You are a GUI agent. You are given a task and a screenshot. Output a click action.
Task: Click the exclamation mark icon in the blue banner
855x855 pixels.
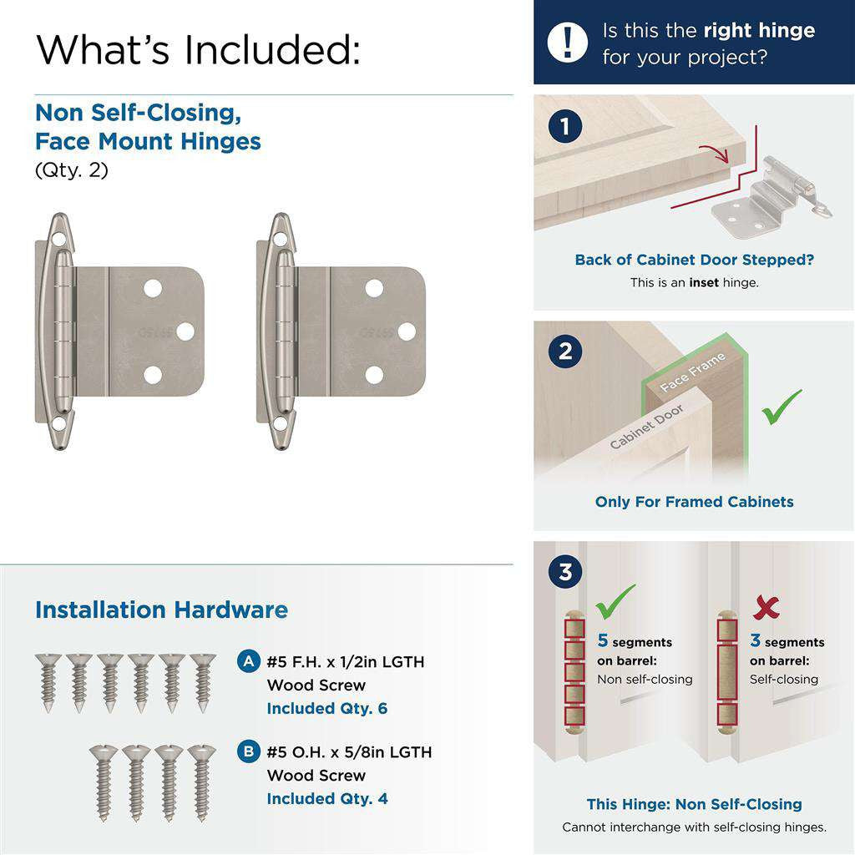tap(568, 42)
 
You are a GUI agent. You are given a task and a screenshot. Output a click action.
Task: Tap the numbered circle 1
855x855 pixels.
tap(565, 128)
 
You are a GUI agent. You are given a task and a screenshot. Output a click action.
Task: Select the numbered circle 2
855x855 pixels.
tap(565, 351)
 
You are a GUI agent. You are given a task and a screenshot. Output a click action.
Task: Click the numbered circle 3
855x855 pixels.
tap(565, 573)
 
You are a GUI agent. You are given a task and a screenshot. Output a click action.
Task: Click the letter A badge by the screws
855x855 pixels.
tap(247, 661)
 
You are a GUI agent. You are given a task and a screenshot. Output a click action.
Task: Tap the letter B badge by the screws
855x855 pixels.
tap(247, 751)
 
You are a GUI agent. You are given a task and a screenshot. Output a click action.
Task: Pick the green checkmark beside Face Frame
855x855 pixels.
tap(782, 407)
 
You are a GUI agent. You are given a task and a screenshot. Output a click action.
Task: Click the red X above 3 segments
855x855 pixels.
tap(766, 608)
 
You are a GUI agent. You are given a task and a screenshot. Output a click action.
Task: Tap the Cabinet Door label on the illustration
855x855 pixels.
tap(646, 427)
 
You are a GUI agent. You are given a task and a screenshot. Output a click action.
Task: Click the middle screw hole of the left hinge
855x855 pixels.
tap(185, 331)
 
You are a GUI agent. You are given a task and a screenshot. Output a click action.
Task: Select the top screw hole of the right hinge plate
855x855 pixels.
tap(374, 289)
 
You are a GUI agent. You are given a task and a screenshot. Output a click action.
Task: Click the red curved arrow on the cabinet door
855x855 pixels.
tap(716, 151)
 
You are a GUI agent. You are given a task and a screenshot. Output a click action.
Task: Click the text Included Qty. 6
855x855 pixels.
tap(327, 708)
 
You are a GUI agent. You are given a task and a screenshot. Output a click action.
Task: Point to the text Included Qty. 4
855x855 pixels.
tap(327, 798)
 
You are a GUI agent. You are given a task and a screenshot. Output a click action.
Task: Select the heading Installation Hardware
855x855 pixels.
tap(161, 610)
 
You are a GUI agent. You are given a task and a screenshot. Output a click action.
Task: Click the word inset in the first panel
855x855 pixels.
tap(703, 282)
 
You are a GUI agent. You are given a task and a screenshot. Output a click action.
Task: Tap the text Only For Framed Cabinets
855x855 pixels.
tap(694, 502)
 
